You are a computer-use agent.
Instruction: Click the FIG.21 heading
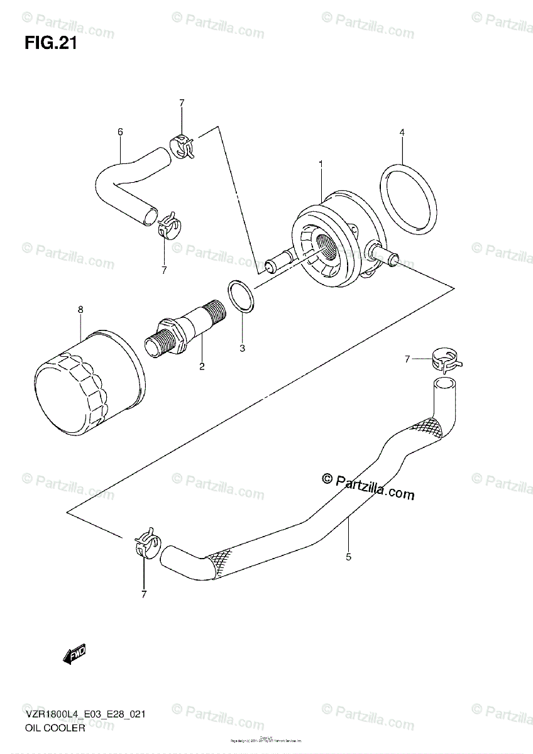click(50, 43)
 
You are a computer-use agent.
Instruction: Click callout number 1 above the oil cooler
click(321, 164)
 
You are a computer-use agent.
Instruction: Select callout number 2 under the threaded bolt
click(202, 366)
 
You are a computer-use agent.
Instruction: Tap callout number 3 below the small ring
click(243, 348)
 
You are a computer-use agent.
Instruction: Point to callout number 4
click(401, 132)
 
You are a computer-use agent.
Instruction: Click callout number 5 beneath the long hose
click(348, 556)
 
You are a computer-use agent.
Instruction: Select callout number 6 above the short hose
click(120, 131)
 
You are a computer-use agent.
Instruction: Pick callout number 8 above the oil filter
click(80, 310)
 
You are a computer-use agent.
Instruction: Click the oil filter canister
click(88, 383)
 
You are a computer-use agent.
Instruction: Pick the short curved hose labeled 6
click(126, 182)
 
